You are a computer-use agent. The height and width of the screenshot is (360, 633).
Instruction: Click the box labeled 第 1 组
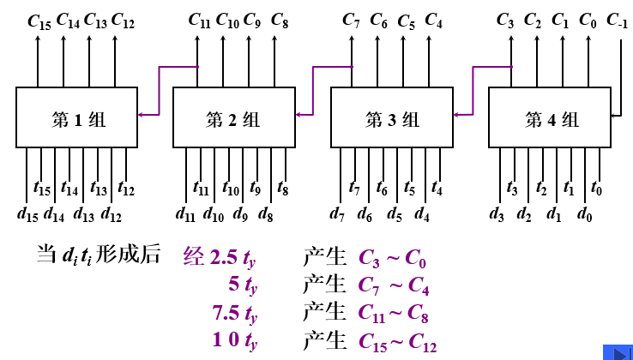76,117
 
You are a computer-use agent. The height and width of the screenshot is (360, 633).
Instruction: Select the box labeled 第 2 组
233,117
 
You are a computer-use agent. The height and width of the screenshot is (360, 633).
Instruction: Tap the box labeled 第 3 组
392,117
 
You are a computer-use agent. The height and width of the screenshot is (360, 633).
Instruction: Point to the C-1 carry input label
616,20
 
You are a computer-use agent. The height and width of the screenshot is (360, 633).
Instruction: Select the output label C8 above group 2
280,20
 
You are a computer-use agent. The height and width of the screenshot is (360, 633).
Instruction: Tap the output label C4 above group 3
435,20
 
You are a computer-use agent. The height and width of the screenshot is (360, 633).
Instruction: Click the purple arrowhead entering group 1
142,114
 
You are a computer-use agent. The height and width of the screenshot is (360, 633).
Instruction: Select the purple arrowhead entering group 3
457,114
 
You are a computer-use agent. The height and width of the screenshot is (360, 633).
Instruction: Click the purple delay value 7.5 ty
234,313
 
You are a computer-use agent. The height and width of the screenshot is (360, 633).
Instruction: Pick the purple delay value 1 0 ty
234,341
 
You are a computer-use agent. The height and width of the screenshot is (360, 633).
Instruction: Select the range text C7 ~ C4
395,285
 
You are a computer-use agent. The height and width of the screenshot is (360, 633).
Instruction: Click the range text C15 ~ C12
398,342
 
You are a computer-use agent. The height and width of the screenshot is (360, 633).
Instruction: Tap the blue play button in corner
617,351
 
